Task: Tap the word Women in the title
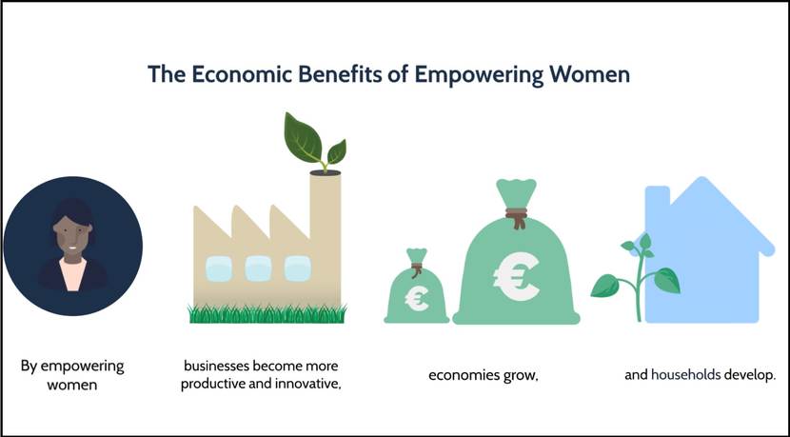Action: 589,73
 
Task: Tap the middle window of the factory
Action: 259,268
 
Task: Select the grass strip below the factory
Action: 267,312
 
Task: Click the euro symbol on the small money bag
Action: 416,300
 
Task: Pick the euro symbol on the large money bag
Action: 515,274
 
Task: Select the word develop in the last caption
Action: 750,375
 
